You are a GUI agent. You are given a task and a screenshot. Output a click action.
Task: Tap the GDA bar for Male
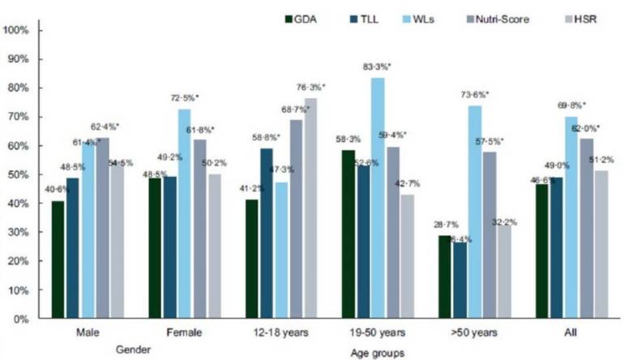point(58,259)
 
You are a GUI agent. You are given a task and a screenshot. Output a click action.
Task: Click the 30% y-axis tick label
point(19,232)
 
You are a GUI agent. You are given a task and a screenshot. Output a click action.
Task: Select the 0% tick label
point(21,318)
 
